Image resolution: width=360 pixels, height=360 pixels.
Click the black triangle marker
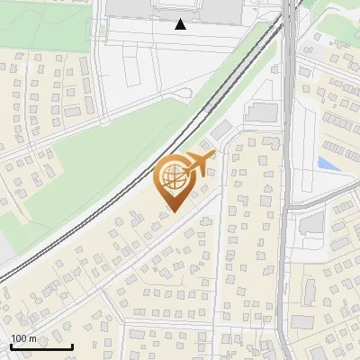181,24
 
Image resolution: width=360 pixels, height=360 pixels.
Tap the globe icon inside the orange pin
175,179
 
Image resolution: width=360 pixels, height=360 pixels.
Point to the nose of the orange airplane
214,155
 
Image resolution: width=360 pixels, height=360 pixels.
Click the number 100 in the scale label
20,338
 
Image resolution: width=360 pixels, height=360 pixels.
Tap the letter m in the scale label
33,338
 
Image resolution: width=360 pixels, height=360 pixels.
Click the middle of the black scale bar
41,346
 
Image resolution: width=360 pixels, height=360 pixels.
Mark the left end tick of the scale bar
11,346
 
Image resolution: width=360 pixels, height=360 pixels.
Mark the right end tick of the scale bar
72,346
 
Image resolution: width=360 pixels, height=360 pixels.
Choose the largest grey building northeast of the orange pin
261,112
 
